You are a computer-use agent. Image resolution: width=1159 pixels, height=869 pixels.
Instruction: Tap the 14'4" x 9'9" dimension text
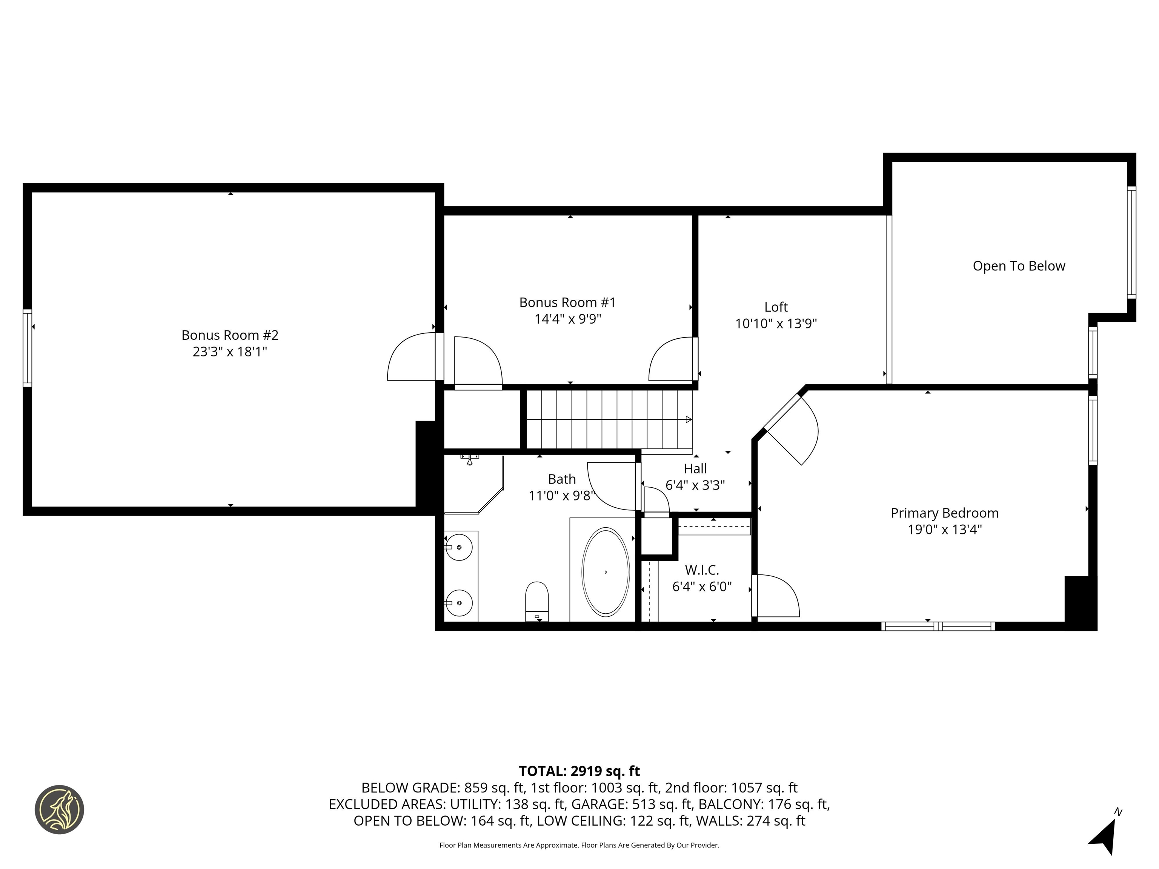tap(567, 319)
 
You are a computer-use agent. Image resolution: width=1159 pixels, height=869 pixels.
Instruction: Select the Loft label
tap(775, 307)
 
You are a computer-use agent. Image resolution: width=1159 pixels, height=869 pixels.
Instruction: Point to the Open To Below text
tap(1019, 266)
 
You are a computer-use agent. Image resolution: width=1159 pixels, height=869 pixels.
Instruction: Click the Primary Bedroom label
tap(944, 513)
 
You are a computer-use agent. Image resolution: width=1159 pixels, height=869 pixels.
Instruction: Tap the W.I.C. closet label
tap(702, 570)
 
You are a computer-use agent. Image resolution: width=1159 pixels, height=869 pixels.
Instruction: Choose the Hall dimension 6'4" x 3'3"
tap(695, 485)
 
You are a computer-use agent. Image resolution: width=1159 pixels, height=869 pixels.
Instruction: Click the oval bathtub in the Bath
tap(605, 571)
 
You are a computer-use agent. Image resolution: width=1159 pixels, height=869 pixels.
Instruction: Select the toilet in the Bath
tap(536, 601)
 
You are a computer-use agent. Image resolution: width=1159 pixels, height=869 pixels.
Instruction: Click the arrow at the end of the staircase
tap(689, 419)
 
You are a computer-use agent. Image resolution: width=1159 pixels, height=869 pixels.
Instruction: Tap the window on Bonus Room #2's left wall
tap(27, 348)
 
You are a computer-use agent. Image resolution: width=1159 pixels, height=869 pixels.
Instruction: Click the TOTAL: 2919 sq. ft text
tap(579, 771)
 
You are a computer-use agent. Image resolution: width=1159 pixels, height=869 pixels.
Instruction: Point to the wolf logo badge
tap(59, 809)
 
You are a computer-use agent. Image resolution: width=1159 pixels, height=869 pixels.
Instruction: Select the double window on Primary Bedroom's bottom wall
tap(938, 626)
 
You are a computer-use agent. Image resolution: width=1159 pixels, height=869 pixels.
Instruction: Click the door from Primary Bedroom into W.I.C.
tap(775, 596)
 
